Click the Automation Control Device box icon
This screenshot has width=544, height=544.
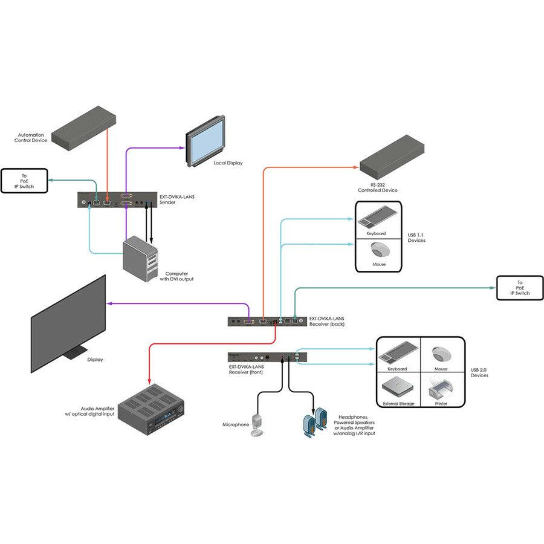click(85, 128)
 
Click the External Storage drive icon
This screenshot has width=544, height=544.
click(397, 386)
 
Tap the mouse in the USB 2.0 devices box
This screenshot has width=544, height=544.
click(442, 354)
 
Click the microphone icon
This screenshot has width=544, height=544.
click(259, 426)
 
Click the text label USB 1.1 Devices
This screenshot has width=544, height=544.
click(416, 238)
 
